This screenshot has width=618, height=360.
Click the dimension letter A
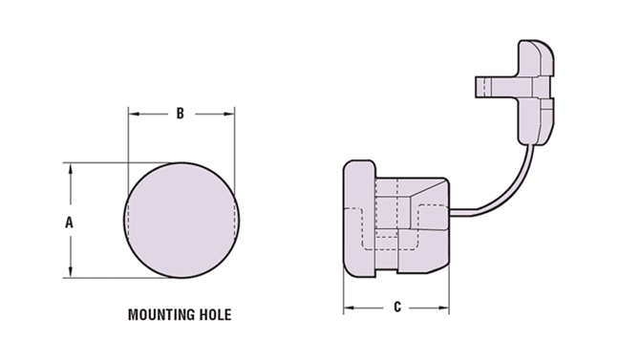[x=68, y=222]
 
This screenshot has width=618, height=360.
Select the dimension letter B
[x=180, y=114]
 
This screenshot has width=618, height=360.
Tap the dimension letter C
[x=396, y=307]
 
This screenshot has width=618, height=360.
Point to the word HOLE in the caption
[x=212, y=314]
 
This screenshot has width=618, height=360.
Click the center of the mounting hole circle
[x=181, y=221]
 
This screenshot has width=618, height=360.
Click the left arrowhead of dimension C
[x=349, y=307]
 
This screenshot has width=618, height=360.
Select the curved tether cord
[x=511, y=181]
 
